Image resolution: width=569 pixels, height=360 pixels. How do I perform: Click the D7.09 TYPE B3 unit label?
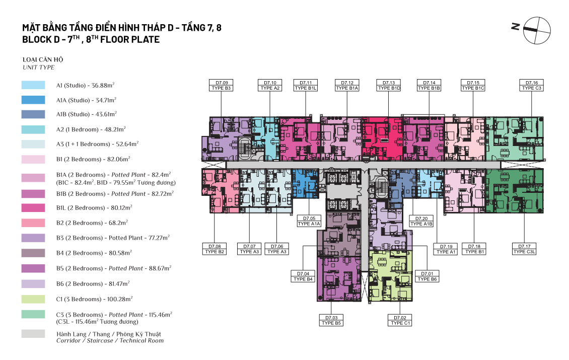point(222,85)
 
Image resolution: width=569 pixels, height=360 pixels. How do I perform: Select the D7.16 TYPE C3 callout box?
point(532,85)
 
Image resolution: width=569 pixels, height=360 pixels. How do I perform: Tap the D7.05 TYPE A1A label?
point(309,221)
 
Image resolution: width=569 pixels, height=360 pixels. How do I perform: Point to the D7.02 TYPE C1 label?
point(400,320)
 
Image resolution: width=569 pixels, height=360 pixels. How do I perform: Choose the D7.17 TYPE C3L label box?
point(524,249)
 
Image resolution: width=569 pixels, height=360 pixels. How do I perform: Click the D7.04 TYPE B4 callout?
point(303,276)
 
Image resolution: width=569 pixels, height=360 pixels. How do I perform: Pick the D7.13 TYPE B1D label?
point(389,85)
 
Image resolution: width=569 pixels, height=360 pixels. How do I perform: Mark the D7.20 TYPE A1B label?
point(421,222)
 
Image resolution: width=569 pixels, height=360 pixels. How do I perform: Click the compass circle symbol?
point(537,31)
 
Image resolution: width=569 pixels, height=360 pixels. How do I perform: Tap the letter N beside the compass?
point(515,27)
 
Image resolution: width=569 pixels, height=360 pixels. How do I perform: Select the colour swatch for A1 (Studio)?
point(33,85)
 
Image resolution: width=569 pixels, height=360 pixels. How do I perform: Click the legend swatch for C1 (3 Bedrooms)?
point(33,299)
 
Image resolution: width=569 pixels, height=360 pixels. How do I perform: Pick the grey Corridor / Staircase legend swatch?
point(33,334)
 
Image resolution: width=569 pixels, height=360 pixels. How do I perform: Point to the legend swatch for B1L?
point(33,207)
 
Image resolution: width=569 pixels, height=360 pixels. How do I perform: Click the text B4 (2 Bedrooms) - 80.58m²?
point(94,253)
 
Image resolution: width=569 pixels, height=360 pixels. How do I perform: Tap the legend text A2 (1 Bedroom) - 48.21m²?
point(91,129)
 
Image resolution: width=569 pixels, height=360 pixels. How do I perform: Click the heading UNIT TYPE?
point(38,67)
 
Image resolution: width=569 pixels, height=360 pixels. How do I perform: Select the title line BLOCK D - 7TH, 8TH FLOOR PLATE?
point(91,39)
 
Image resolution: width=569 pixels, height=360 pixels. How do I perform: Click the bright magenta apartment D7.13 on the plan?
point(382,138)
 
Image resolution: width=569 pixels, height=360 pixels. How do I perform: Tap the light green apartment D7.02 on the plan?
point(391,276)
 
